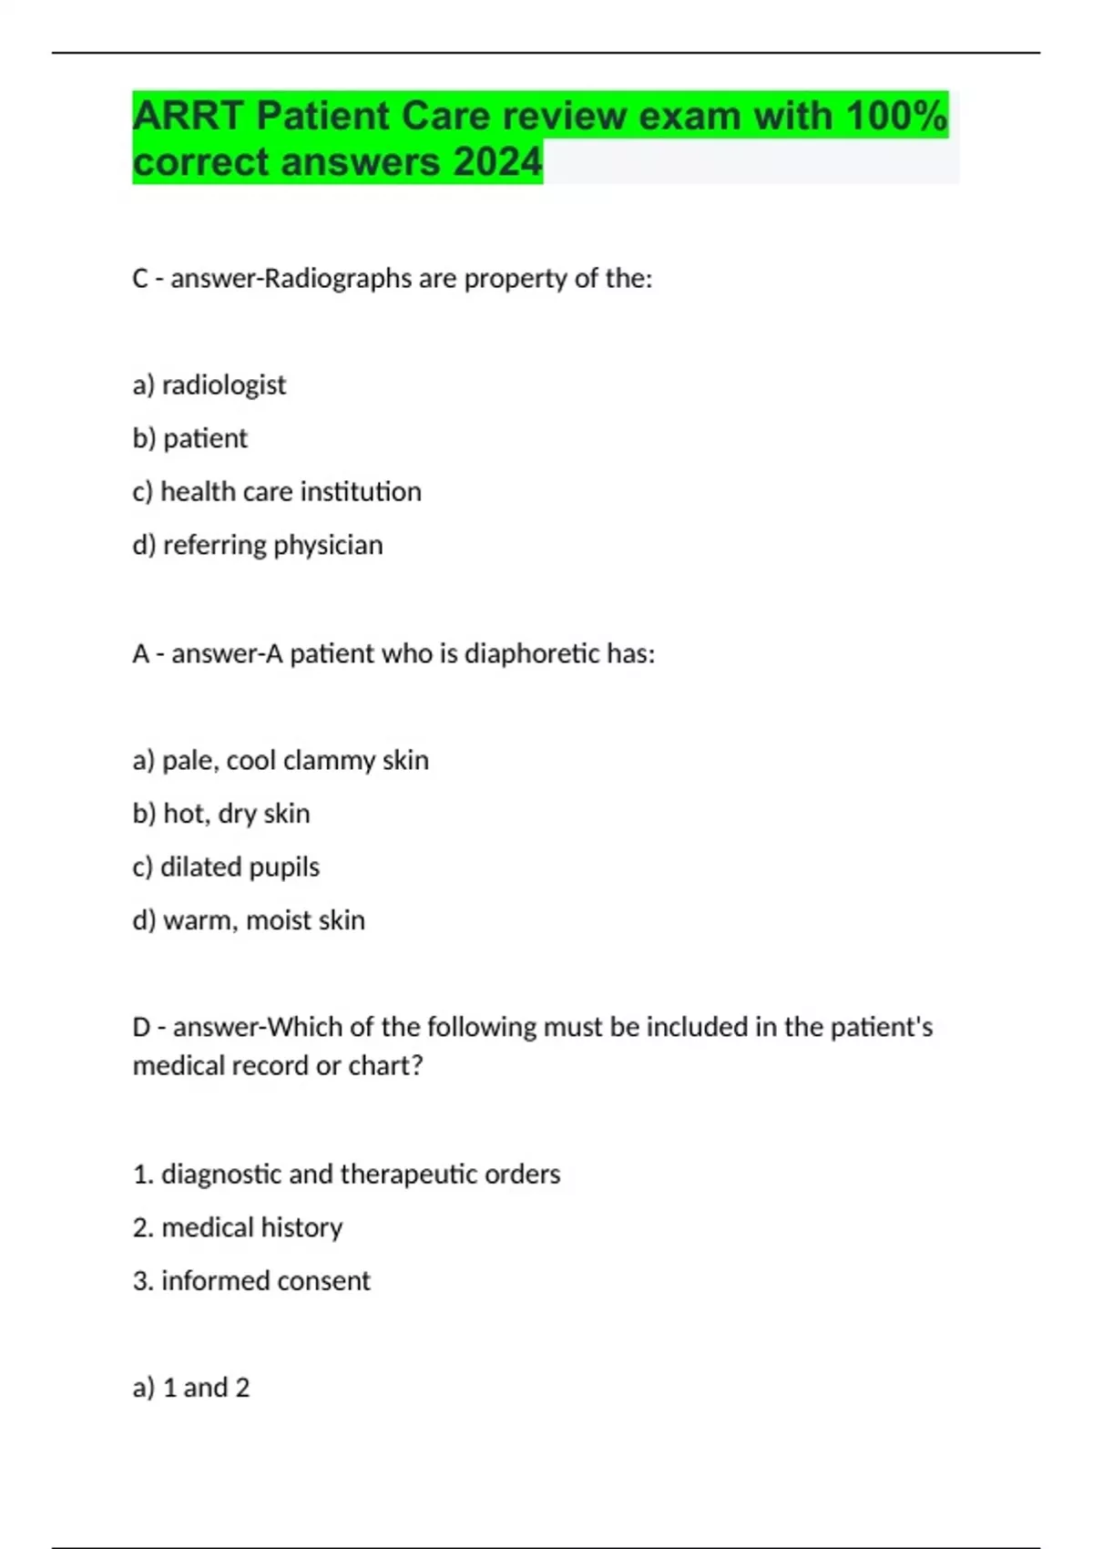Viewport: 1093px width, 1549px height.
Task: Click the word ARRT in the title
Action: pos(189,117)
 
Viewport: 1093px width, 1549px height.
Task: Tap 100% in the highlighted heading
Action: pos(897,117)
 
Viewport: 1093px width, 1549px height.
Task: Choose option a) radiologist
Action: pos(209,385)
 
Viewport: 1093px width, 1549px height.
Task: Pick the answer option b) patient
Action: pos(189,438)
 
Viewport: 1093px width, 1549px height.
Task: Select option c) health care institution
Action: pos(277,492)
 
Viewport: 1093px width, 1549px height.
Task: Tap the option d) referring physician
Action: pos(258,545)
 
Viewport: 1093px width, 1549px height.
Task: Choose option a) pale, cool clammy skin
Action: pos(281,760)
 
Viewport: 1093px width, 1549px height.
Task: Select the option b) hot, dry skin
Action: pos(221,813)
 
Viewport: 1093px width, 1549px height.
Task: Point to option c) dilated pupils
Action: pos(226,867)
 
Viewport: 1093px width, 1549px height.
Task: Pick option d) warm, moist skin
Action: pos(249,920)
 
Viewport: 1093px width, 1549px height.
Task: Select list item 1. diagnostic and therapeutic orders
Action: pos(346,1174)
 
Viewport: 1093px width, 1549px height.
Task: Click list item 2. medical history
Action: pos(238,1227)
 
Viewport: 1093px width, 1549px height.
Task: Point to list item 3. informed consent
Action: pos(251,1280)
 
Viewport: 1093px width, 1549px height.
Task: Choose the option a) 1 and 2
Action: pos(191,1387)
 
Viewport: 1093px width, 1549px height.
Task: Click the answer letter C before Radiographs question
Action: pos(140,278)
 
